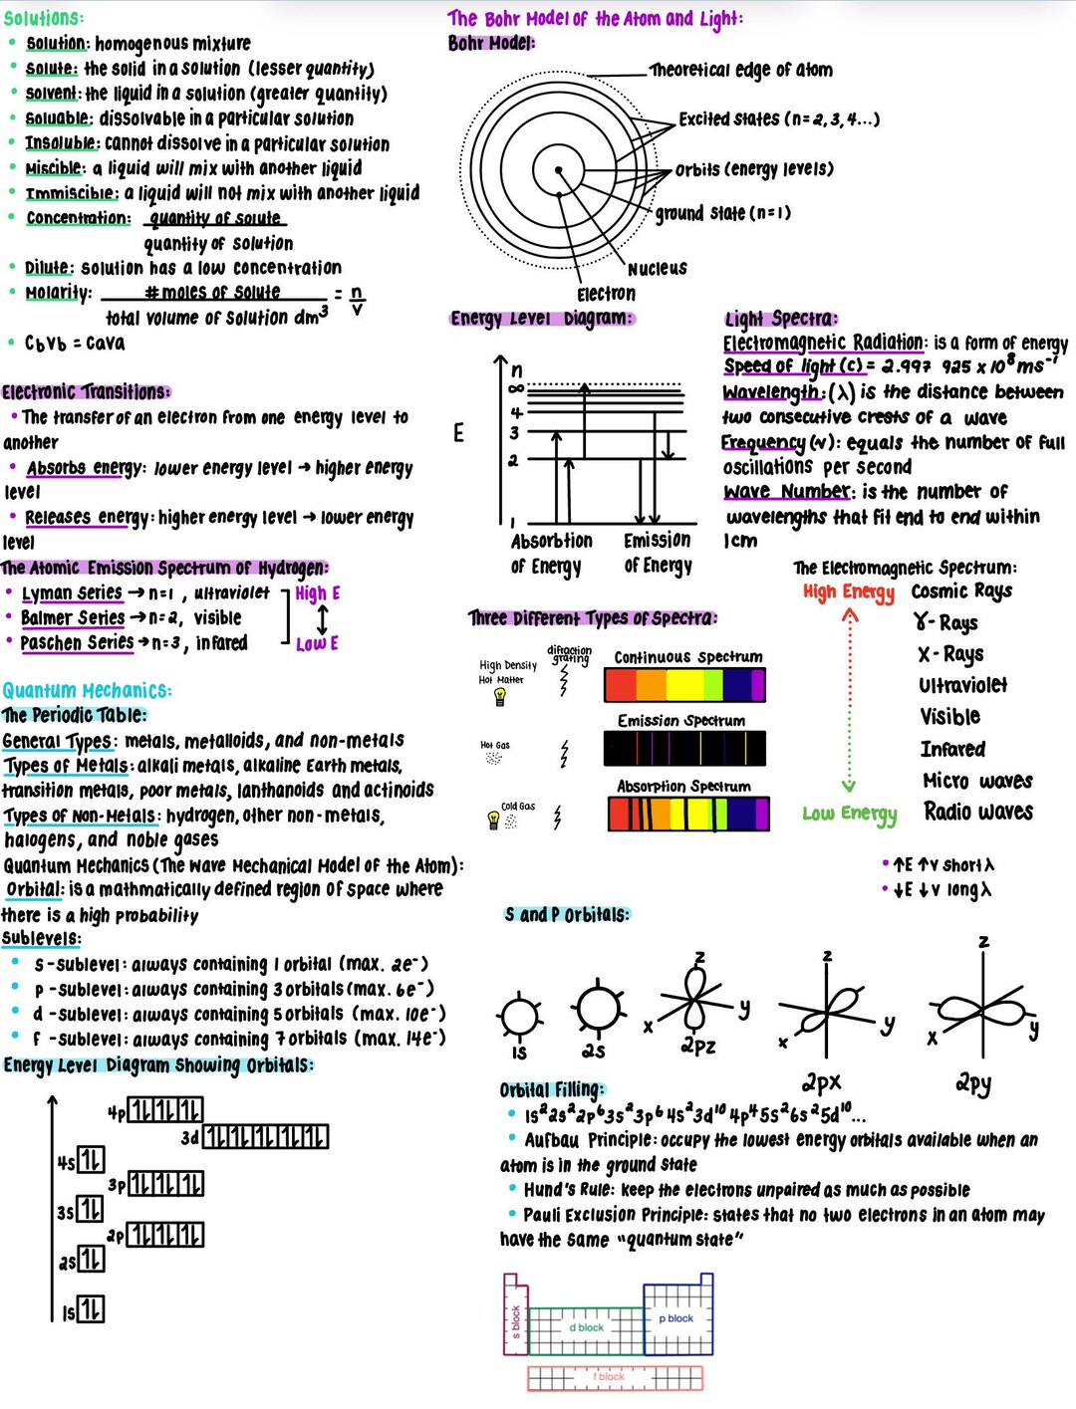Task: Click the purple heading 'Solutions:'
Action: pyautogui.click(x=44, y=18)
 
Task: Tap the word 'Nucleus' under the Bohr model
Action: pyautogui.click(x=657, y=269)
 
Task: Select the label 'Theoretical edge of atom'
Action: pyautogui.click(x=740, y=70)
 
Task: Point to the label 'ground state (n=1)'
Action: pyautogui.click(x=722, y=213)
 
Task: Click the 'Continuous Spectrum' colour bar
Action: pyautogui.click(x=684, y=685)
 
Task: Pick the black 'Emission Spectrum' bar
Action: pyautogui.click(x=684, y=748)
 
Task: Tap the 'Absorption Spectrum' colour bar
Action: pyautogui.click(x=688, y=814)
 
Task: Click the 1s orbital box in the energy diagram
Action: pyautogui.click(x=91, y=1309)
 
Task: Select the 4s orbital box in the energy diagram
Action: pyautogui.click(x=91, y=1160)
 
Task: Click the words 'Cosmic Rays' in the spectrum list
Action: pyautogui.click(x=961, y=591)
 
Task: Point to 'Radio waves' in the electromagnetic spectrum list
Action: pyautogui.click(x=977, y=813)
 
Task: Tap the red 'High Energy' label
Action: pyautogui.click(x=849, y=592)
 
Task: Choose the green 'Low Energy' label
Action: pyautogui.click(x=849, y=815)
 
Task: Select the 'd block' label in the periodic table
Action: pyautogui.click(x=587, y=1327)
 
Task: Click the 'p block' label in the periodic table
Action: pyautogui.click(x=676, y=1318)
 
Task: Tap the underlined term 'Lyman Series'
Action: pyautogui.click(x=72, y=593)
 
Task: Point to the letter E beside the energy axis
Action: pyautogui.click(x=458, y=432)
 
